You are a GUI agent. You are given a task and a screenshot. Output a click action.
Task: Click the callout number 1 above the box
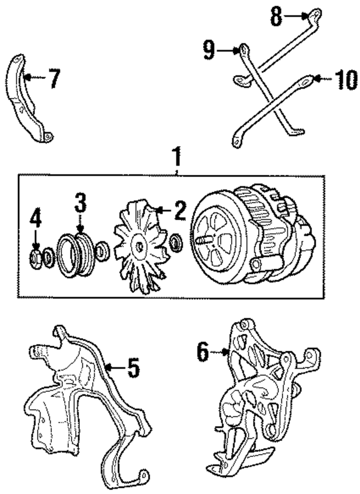pos(177,154)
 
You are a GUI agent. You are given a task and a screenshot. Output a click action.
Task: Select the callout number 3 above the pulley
pos(82,202)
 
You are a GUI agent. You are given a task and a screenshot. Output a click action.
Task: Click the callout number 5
pos(133,369)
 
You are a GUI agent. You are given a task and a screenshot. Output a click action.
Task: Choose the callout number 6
pos(203,352)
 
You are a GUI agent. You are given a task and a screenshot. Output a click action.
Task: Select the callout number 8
pos(276,17)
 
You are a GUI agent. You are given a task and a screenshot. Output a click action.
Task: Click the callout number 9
pos(209,52)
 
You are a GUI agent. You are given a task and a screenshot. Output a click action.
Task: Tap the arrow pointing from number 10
pos(322,80)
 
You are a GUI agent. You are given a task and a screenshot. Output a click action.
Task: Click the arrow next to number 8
pos(297,17)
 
